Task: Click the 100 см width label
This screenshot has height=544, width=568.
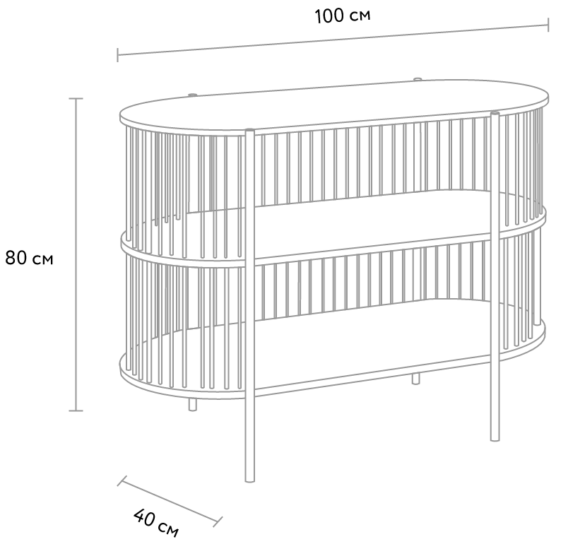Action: click(343, 16)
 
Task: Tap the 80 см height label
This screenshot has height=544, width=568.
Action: click(29, 259)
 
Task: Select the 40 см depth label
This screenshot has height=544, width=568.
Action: click(155, 522)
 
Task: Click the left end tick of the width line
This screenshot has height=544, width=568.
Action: click(117, 55)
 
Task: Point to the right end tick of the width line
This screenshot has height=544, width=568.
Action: click(548, 25)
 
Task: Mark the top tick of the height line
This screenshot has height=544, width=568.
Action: click(76, 98)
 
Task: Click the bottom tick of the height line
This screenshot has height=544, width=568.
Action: click(76, 410)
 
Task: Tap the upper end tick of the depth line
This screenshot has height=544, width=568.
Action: click(122, 480)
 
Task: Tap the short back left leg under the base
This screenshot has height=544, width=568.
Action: click(193, 405)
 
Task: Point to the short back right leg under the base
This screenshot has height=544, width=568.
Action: click(416, 379)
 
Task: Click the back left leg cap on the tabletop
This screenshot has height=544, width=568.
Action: click(192, 95)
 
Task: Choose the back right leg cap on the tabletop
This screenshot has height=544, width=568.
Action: click(418, 78)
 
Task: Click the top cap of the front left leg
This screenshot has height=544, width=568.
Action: click(249, 130)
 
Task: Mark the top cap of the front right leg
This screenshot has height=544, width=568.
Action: click(495, 114)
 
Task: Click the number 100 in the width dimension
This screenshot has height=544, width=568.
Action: click(329, 16)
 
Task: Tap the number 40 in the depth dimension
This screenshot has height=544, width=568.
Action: click(144, 517)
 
